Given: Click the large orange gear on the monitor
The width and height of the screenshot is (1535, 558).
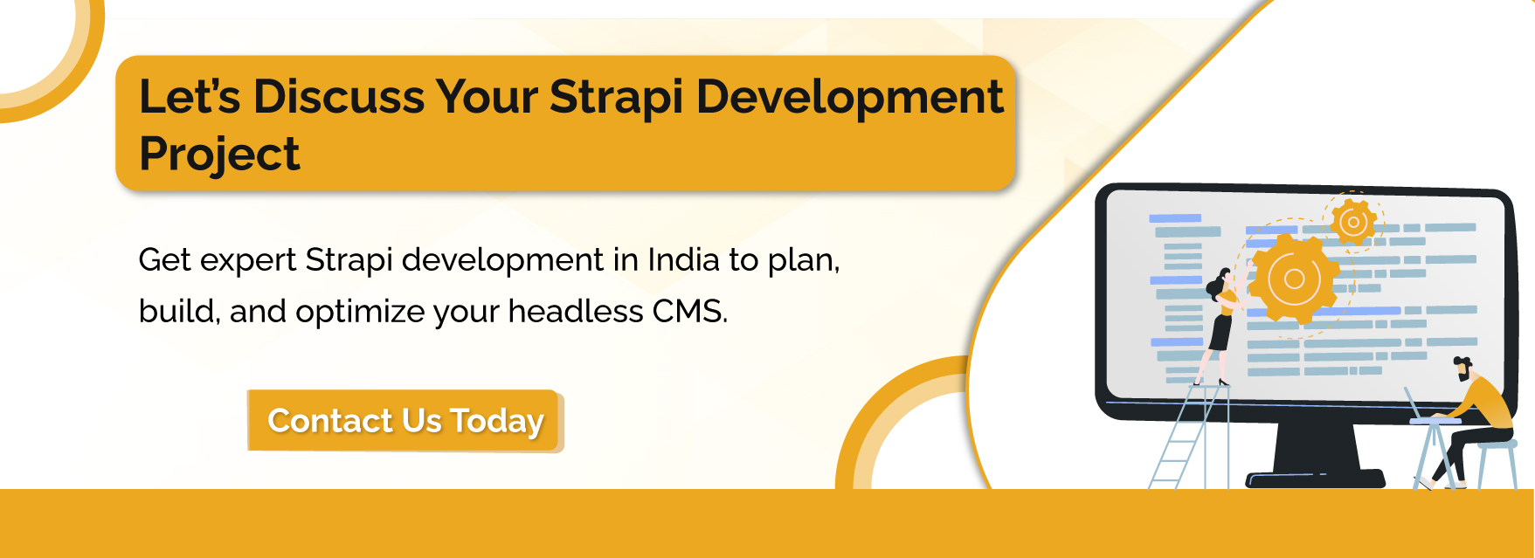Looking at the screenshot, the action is click(x=1294, y=279).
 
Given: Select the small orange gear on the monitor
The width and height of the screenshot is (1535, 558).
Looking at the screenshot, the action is click(x=1353, y=222).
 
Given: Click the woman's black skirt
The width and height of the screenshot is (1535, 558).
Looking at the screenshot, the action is click(x=1220, y=333).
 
